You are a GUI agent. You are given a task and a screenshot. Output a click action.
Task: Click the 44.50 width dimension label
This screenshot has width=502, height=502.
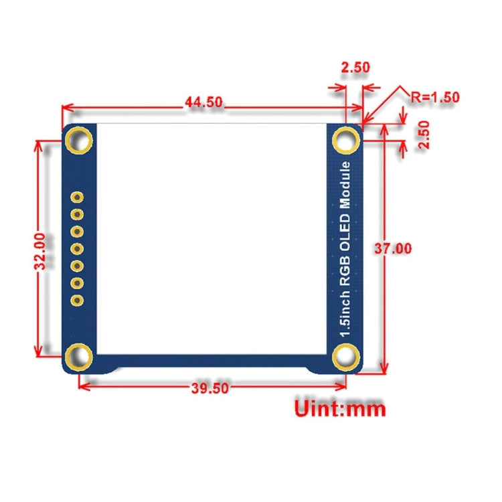coord(203,102)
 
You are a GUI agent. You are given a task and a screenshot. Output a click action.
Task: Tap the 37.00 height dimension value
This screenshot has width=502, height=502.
coord(393,248)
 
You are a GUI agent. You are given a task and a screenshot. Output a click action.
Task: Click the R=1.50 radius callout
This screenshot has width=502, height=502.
coord(434,96)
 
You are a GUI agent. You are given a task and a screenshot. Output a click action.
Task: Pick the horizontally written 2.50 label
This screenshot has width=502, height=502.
coord(355,68)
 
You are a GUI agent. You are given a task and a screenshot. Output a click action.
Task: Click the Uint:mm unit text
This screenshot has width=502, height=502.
coord(341,407)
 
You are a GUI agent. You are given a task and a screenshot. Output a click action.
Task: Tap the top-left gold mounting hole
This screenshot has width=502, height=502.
coord(80,141)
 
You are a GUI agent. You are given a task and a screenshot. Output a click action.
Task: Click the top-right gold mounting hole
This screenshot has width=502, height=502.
coord(346,141)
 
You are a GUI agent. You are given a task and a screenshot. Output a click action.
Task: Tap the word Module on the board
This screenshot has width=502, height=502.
coord(345,185)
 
